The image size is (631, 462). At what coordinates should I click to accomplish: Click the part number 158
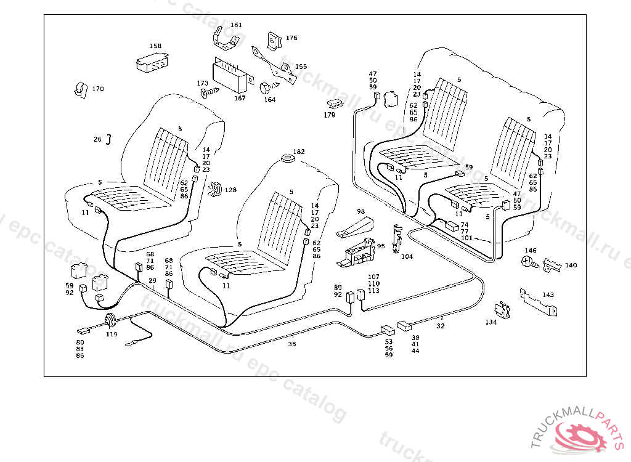point(155,46)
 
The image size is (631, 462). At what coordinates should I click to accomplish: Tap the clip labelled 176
point(272,40)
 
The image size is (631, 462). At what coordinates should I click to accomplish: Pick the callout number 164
point(270,100)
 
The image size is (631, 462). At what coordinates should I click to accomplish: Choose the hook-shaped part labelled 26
point(109,139)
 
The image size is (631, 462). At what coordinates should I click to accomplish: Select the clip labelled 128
point(216,190)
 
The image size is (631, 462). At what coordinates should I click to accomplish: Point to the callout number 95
point(381,246)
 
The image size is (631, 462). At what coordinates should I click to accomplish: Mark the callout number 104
point(407,256)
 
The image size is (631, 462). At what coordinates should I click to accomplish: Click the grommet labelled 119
point(112,321)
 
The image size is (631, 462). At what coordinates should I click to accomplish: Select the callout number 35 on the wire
point(292,344)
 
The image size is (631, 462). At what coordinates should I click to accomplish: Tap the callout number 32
point(441,326)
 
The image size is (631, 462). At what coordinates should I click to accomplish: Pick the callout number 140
point(571,265)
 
